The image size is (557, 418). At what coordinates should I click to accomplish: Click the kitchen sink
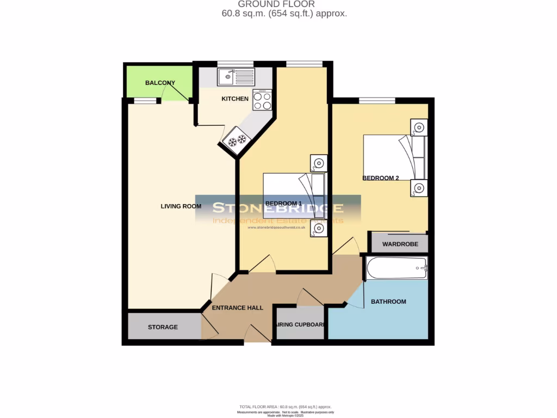point(236,77)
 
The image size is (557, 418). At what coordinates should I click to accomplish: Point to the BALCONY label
point(160,83)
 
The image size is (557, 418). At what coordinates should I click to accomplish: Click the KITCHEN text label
point(235,99)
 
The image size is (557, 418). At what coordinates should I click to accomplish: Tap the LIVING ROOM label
point(181,206)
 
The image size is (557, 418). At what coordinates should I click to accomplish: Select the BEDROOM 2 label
point(381,178)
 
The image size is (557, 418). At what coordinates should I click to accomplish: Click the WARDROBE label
point(400,244)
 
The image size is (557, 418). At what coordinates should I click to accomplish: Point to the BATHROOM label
point(388,302)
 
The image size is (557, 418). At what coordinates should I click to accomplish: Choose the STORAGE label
point(163,327)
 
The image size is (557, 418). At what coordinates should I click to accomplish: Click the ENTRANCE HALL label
point(237,308)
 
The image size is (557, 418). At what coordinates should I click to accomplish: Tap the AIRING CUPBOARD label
point(301,325)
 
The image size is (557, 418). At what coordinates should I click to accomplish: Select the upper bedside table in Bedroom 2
point(418,128)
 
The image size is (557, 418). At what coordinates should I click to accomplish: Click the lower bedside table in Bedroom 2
point(418,188)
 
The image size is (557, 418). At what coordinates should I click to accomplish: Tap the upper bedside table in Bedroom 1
point(318,162)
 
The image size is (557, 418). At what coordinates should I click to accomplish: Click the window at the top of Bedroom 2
point(377,100)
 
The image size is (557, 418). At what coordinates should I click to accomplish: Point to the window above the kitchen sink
point(236,64)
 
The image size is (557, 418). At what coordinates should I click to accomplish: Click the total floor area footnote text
point(285,407)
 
